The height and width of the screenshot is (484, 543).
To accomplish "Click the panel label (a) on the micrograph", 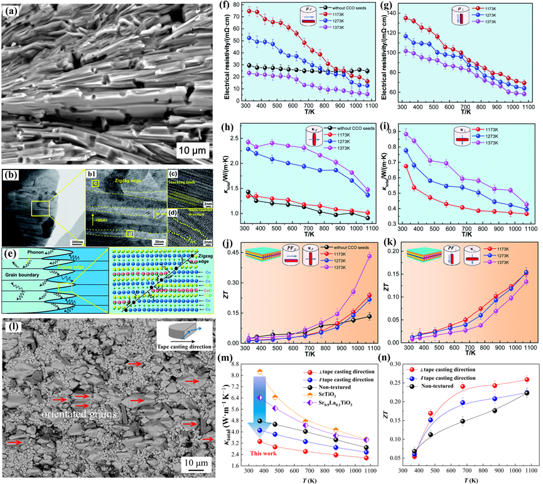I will [x=14, y=11].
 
